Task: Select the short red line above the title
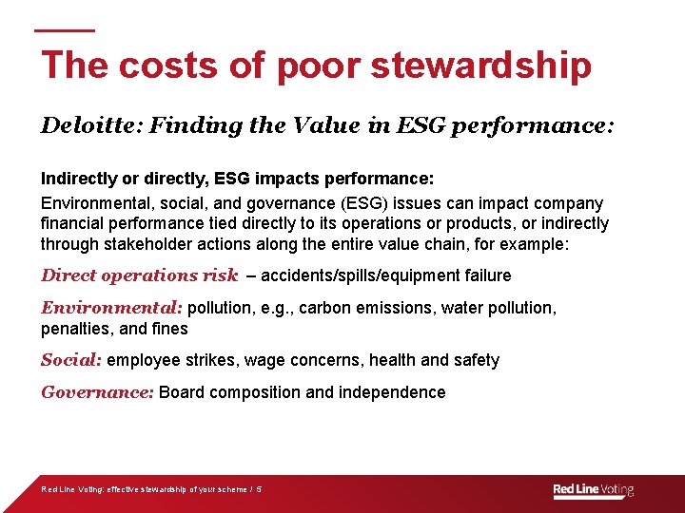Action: (65, 30)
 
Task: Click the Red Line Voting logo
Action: (593, 490)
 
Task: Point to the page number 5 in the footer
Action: (259, 490)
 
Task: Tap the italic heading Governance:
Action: (97, 392)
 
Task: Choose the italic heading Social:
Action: (71, 360)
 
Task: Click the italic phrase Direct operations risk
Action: (139, 275)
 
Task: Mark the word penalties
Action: (77, 329)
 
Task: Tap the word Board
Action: (182, 392)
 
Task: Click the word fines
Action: (169, 329)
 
